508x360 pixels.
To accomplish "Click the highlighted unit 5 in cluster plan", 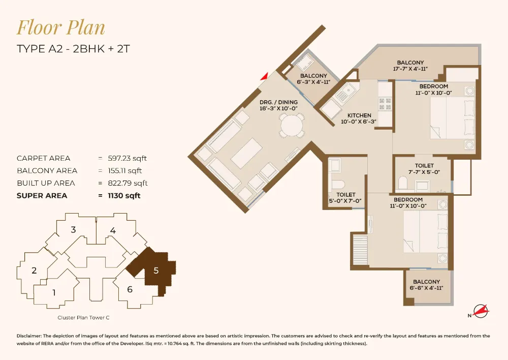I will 155,271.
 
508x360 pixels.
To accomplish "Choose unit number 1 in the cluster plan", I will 54,292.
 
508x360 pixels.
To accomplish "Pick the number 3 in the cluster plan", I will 73,230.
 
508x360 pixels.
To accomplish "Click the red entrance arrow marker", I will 264,76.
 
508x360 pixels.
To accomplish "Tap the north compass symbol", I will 479,311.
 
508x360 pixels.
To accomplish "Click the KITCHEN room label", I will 358,115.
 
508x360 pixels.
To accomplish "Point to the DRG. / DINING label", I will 278,102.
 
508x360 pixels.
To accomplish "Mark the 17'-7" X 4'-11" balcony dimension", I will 410,69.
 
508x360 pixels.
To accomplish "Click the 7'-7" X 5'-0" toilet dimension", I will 424,172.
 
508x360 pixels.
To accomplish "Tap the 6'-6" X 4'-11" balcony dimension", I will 426,288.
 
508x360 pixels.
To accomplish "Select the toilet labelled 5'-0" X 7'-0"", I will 346,198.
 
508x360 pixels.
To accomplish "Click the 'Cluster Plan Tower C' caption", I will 83,317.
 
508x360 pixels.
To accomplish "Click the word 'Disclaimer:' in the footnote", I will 32,336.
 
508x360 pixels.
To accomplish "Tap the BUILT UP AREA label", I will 46,183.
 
